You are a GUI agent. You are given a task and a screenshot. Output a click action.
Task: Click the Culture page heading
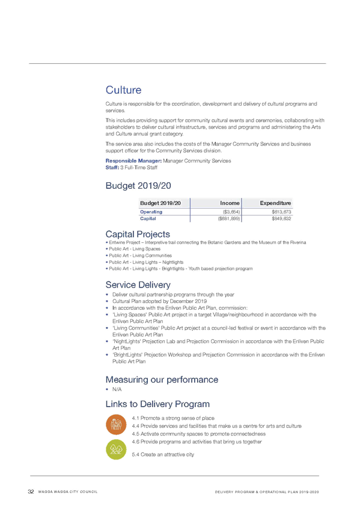coord(123,90)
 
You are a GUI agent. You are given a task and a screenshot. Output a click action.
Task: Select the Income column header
coord(230,203)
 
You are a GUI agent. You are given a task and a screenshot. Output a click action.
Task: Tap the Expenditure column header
coord(275,203)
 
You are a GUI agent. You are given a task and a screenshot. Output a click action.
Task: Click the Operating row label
coord(151,212)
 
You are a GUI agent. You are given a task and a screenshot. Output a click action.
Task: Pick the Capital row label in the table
coord(148,218)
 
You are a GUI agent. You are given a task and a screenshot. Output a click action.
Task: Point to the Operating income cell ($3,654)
coord(231,212)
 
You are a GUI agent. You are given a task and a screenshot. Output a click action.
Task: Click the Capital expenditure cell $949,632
coord(281,218)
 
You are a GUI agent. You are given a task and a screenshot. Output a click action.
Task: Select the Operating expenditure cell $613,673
coord(281,212)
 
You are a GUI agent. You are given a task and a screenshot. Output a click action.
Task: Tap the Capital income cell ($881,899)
coord(229,218)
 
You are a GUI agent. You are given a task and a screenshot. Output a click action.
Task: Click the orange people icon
coord(116,425)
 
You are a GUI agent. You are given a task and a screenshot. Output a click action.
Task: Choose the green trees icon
coord(116,449)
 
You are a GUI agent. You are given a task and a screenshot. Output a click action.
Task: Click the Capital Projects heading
coord(138,234)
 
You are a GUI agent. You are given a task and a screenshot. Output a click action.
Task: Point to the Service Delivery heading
coord(138,284)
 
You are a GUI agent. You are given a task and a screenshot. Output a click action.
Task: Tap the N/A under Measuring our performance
coord(117,389)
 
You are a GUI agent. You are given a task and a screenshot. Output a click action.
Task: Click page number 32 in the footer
coord(31,491)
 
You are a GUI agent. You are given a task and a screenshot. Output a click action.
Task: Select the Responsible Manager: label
coord(133,161)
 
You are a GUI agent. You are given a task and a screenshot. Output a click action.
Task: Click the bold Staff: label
coord(112,168)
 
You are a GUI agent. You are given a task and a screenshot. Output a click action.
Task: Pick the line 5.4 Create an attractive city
coord(163,455)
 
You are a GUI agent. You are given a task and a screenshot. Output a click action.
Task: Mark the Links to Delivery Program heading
coord(157,404)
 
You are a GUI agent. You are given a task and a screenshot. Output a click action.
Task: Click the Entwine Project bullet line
coord(206,242)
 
